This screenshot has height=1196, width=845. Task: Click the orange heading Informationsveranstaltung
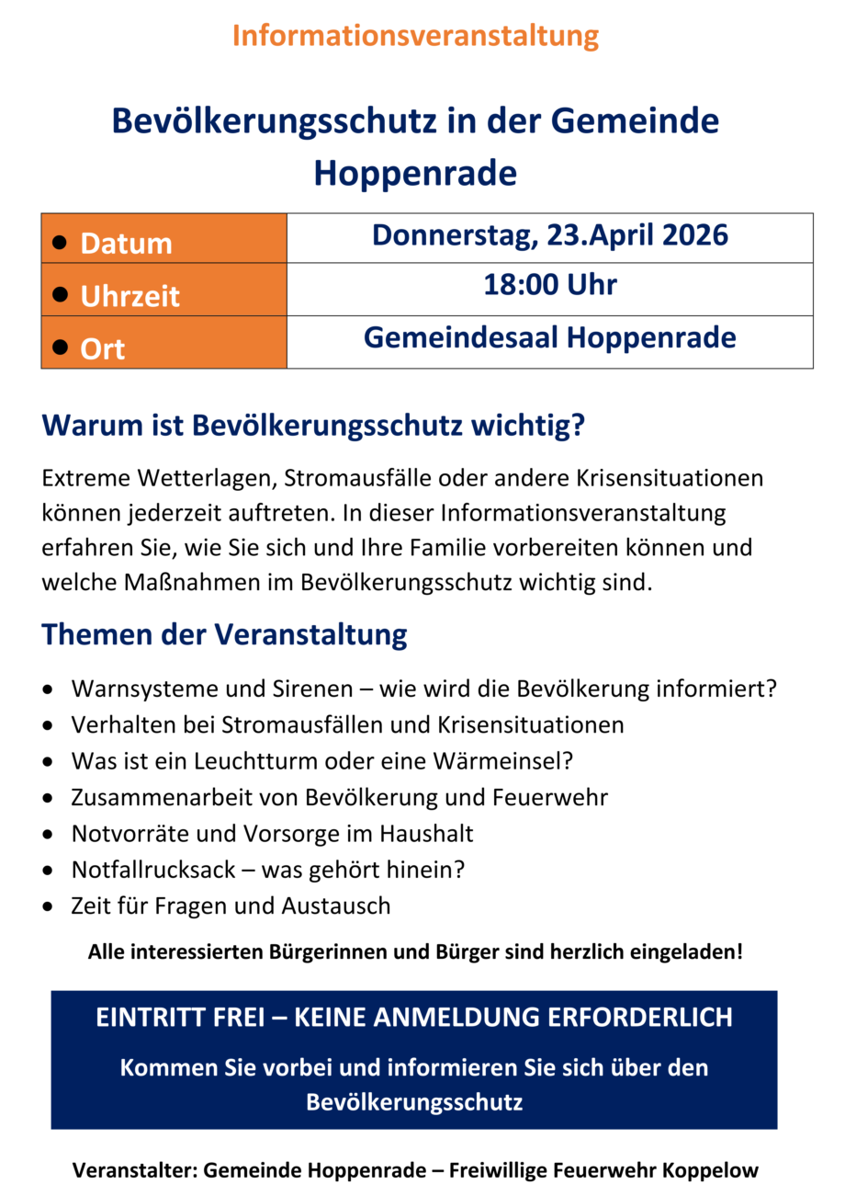click(x=415, y=37)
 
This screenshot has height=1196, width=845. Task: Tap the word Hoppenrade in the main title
click(x=415, y=173)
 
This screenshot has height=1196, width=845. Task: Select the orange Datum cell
click(x=163, y=239)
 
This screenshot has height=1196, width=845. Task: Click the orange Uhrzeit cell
click(x=163, y=290)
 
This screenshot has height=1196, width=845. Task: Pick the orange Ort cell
click(x=163, y=343)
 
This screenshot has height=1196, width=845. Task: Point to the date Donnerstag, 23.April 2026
click(x=549, y=236)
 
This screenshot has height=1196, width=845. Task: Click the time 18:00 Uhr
click(x=549, y=285)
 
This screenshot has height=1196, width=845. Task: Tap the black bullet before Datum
click(x=61, y=241)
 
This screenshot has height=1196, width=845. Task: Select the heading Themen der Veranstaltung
click(x=224, y=634)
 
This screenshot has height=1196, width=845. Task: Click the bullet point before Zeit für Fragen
click(x=48, y=907)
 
